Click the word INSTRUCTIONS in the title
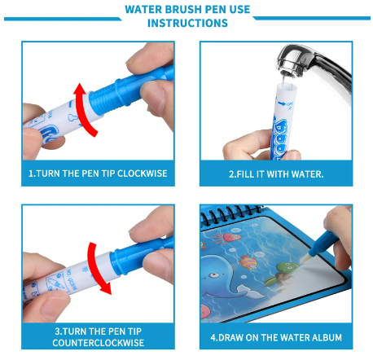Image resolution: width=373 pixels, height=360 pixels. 187,23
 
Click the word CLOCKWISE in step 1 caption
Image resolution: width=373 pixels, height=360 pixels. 142,173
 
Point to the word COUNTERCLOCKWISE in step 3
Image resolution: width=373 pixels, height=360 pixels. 99,343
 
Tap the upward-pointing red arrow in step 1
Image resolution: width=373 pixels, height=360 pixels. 83,108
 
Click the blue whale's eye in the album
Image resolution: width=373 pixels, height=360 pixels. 215,275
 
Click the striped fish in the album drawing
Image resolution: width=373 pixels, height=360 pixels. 248,261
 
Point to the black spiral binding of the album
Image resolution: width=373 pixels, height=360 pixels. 230,213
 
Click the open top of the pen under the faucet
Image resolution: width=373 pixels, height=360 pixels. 287,86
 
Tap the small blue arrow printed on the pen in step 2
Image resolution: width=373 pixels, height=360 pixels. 283,103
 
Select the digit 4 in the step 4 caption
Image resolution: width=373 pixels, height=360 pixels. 213,337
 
